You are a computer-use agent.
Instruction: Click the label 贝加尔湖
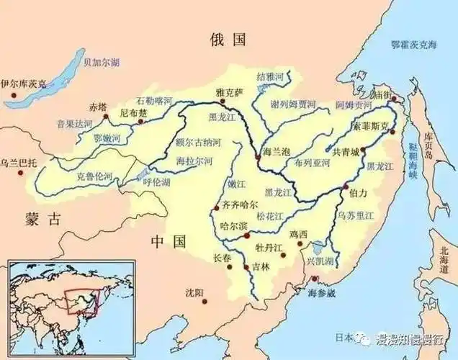(x=101, y=63)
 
